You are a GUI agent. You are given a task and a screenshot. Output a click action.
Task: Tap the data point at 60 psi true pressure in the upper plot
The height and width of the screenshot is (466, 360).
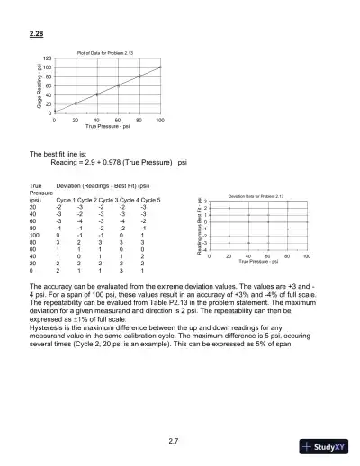pos(118,85)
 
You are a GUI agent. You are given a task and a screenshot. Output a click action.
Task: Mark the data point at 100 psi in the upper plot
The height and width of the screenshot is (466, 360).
pos(160,67)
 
